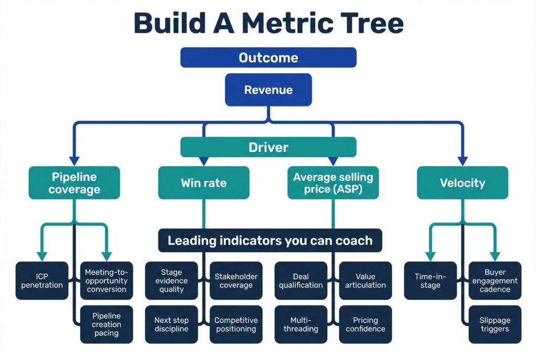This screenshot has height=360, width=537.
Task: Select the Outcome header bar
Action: [268, 58]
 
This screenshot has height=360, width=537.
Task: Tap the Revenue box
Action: [268, 90]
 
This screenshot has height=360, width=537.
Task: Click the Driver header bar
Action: [268, 147]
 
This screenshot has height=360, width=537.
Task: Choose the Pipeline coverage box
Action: [74, 183]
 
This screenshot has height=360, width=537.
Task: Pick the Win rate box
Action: [203, 183]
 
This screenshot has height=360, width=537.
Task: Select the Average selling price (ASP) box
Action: [332, 183]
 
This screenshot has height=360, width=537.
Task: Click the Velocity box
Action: [462, 183]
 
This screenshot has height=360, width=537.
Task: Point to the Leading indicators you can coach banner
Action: [270, 241]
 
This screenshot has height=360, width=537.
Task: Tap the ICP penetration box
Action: [42, 280]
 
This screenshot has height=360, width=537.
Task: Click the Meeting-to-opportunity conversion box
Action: [106, 280]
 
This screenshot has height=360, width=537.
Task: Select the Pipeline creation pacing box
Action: [106, 324]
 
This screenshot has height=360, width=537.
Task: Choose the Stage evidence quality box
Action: [171, 280]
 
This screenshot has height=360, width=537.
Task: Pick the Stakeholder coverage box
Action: [236, 280]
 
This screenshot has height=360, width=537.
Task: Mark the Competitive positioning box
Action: [236, 324]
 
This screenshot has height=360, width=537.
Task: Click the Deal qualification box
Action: [301, 280]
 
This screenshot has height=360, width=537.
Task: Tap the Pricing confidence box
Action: [366, 324]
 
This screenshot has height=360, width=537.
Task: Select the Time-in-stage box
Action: [430, 280]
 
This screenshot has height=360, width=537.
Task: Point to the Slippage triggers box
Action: [495, 324]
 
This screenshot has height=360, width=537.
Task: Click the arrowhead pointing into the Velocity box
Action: [462, 160]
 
